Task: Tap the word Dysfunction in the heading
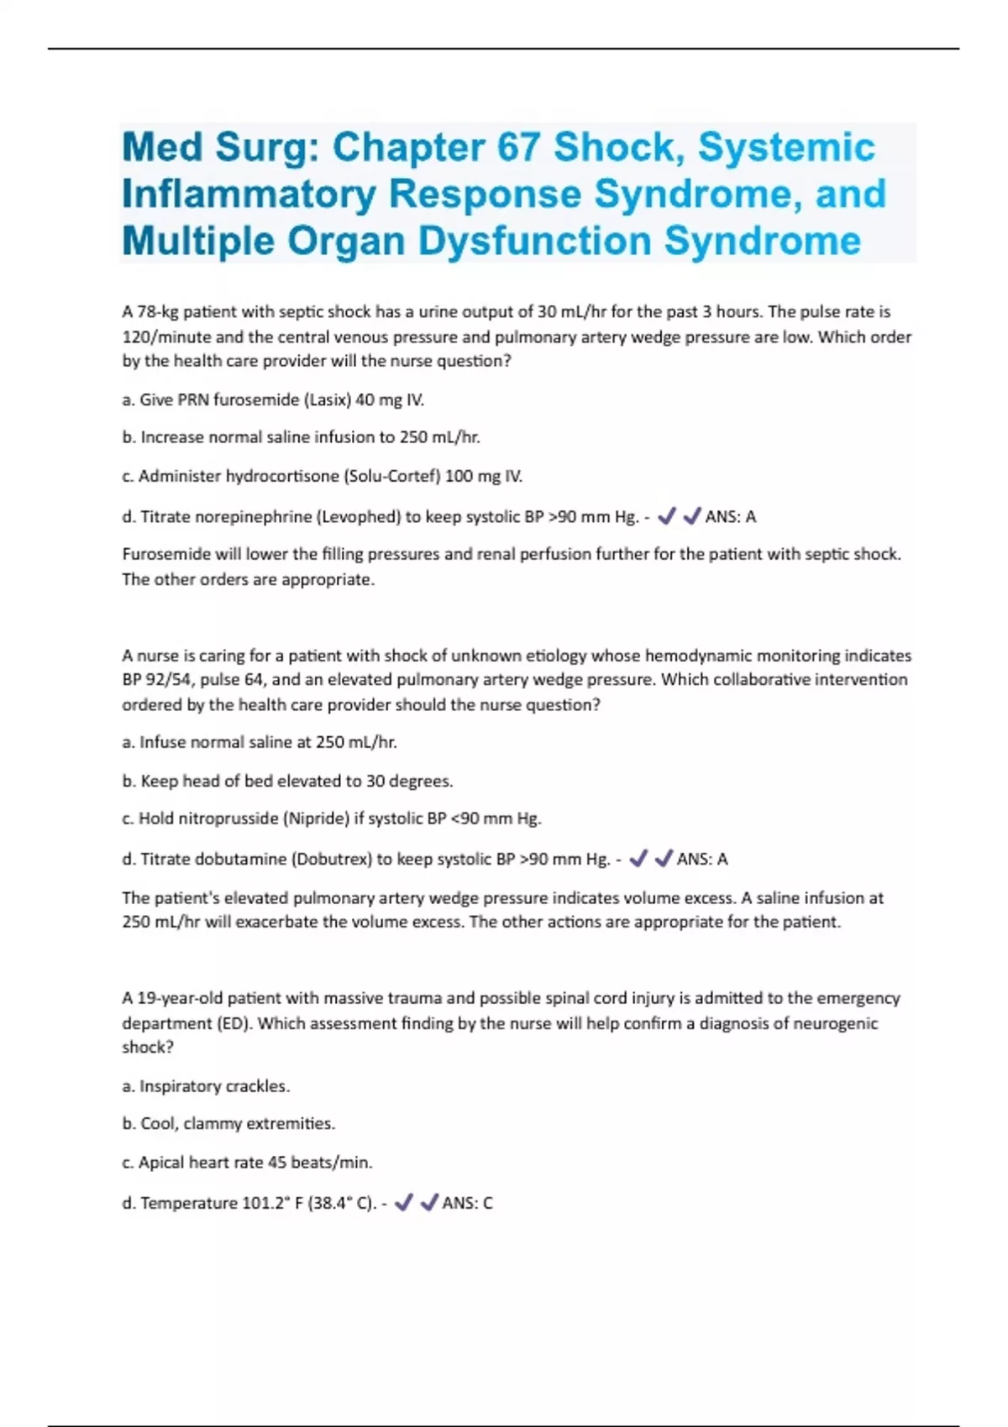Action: click(x=534, y=242)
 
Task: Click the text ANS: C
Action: click(x=467, y=1204)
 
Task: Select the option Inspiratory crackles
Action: click(x=206, y=1086)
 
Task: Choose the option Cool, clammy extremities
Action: click(x=228, y=1124)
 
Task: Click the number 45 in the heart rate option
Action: click(x=277, y=1163)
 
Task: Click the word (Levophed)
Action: click(x=359, y=517)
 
